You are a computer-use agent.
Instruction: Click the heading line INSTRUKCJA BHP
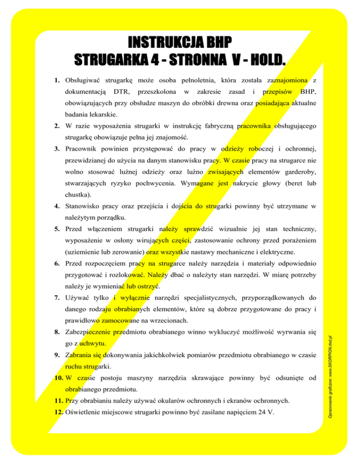point(180,43)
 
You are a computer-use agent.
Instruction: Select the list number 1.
point(57,81)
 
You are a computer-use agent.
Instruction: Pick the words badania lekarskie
point(88,114)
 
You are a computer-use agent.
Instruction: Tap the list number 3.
point(57,149)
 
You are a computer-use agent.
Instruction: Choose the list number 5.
point(57,229)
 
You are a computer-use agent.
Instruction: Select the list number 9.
point(57,355)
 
